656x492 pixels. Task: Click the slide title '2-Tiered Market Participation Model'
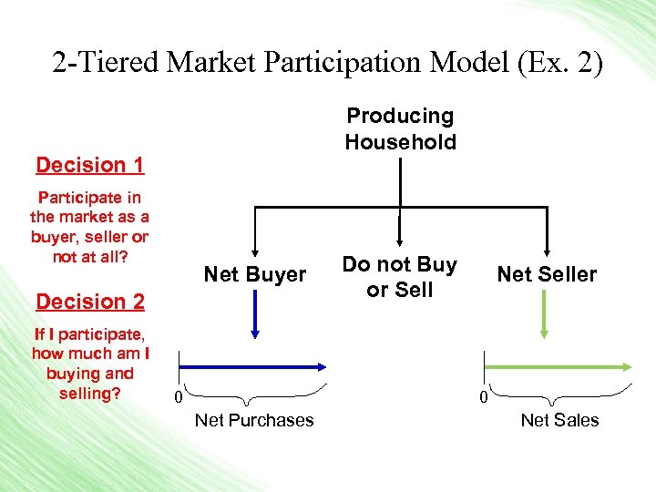273,64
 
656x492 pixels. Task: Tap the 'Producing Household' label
400,128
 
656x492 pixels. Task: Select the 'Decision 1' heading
90,165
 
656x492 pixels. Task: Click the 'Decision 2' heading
90,302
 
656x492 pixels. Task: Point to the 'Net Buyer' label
255,274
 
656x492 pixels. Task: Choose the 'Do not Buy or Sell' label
400,277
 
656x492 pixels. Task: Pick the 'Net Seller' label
547,274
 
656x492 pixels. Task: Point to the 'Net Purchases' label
254,420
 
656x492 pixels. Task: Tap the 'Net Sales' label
559,420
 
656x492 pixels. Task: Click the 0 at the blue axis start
179,398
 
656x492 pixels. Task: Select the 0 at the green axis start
484,398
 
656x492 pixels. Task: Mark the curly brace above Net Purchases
255,395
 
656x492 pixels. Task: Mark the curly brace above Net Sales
559,395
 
